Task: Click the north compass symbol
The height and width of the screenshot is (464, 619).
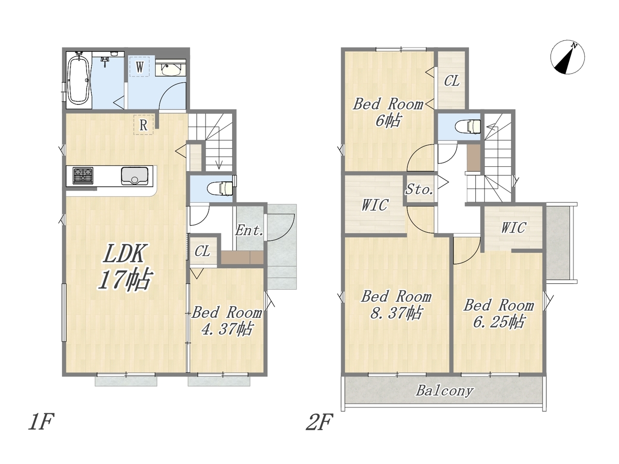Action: (567, 57)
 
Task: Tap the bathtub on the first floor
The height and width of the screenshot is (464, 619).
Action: (79, 80)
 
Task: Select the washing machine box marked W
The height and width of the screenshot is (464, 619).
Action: (139, 67)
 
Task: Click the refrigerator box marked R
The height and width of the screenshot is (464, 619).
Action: (143, 125)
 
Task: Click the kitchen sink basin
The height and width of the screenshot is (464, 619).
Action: (135, 176)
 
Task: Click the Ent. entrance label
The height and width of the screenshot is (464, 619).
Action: (249, 231)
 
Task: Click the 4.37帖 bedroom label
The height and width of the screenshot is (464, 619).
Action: (226, 328)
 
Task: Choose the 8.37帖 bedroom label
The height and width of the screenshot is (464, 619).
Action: (396, 312)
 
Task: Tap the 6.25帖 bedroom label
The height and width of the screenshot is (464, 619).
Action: (499, 321)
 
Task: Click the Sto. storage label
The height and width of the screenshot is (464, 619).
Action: (419, 189)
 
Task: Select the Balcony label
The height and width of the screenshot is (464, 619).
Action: (444, 391)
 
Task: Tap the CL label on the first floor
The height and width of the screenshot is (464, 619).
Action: (202, 251)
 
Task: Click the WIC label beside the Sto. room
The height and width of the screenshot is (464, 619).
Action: (375, 205)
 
